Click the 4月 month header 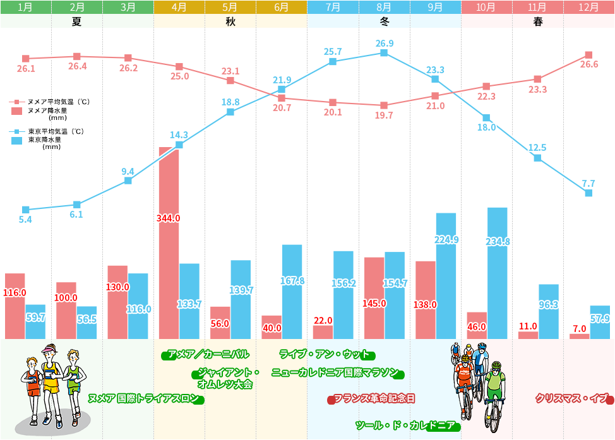pyautogui.click(x=179, y=8)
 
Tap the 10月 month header pyautogui.click(x=486, y=8)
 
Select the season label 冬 pyautogui.click(x=383, y=21)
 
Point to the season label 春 pyautogui.click(x=537, y=21)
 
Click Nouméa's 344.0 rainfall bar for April pyautogui.click(x=169, y=243)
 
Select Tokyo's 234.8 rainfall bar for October pyautogui.click(x=497, y=273)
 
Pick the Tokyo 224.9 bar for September pyautogui.click(x=445, y=276)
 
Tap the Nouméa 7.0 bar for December pyautogui.click(x=579, y=336)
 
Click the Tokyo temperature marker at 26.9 pyautogui.click(x=384, y=53)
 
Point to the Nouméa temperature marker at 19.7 pyautogui.click(x=384, y=105)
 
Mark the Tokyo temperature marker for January pyautogui.click(x=26, y=210)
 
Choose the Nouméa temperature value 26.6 pyautogui.click(x=588, y=64)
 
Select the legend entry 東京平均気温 pyautogui.click(x=56, y=132)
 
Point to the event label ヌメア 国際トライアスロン pyautogui.click(x=145, y=399)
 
